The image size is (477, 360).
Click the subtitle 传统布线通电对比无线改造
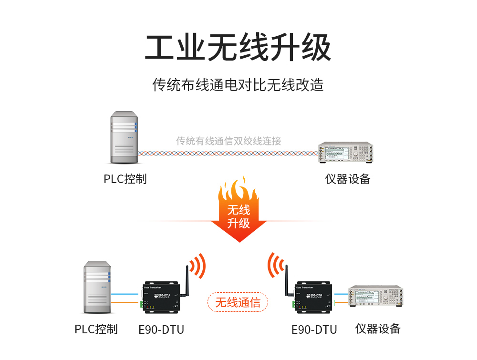[238, 85]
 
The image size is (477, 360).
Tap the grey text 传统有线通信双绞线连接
[228, 141]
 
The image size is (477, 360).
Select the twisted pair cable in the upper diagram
[228, 154]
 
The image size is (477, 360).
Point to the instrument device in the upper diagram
[345, 153]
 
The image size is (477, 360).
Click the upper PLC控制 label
[125, 179]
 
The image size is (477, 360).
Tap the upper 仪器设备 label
[348, 179]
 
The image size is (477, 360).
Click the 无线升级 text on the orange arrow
[238, 216]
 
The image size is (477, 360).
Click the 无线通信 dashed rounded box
[238, 302]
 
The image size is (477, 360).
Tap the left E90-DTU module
[162, 298]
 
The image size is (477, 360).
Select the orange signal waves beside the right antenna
[276, 266]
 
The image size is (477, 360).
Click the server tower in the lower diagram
[97, 287]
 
